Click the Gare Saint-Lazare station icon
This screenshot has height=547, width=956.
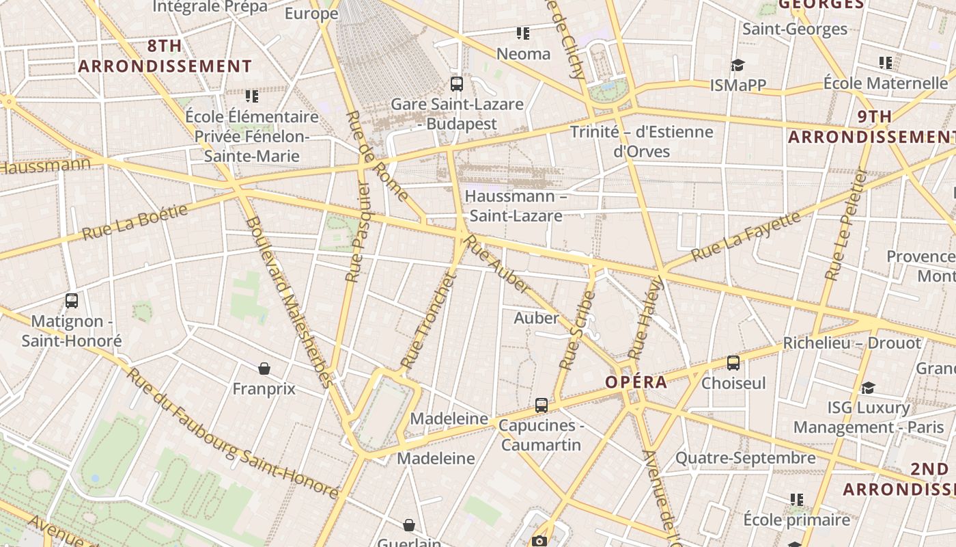coord(457,84)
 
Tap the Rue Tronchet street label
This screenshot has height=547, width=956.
coord(427,321)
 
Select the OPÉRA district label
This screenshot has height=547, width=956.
coord(636,382)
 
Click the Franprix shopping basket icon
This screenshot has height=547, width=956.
coord(264,369)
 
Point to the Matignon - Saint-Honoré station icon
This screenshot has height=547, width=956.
coord(71,301)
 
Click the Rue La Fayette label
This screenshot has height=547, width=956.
coord(745,237)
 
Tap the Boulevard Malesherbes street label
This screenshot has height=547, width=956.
coord(290,302)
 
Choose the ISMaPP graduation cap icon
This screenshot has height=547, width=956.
coord(737,65)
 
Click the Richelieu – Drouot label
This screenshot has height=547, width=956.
coord(852,343)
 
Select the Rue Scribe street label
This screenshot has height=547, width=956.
coord(578,331)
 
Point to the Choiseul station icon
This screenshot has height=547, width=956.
coord(733,363)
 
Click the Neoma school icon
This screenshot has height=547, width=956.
coord(523,33)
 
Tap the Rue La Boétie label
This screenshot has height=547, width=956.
coord(135,222)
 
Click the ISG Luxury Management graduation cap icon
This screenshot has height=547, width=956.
coord(868,388)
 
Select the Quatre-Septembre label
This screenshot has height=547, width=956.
coord(745,457)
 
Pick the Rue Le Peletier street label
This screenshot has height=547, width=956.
coord(845,226)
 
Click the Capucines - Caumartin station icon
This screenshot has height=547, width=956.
coord(542,405)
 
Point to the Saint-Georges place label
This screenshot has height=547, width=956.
coord(795,29)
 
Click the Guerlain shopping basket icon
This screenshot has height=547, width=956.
coord(408,525)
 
